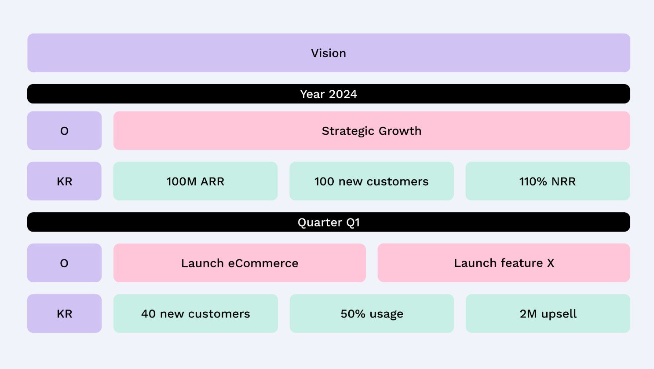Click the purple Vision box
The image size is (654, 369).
[x=329, y=53]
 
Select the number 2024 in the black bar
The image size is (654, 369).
[x=343, y=94]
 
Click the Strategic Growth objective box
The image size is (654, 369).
[x=372, y=131]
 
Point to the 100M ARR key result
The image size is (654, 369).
[x=195, y=181]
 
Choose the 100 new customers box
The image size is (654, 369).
[x=371, y=181]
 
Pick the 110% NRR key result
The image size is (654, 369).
[x=548, y=181]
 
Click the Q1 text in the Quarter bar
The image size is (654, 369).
[x=353, y=222]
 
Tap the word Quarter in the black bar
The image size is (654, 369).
[x=320, y=222]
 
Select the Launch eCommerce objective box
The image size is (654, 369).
[x=240, y=263]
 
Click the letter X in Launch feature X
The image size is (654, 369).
[x=550, y=263]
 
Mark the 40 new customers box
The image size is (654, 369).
[x=195, y=314]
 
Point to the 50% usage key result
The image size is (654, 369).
[x=372, y=314]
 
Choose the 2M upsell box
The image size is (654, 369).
[x=548, y=314]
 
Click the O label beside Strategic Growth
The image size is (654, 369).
[x=64, y=131]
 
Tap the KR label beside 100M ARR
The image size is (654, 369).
[x=64, y=181]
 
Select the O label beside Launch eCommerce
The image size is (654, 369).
[x=64, y=263]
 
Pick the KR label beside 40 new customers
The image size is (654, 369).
[x=64, y=314]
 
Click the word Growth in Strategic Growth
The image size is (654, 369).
[x=400, y=131]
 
